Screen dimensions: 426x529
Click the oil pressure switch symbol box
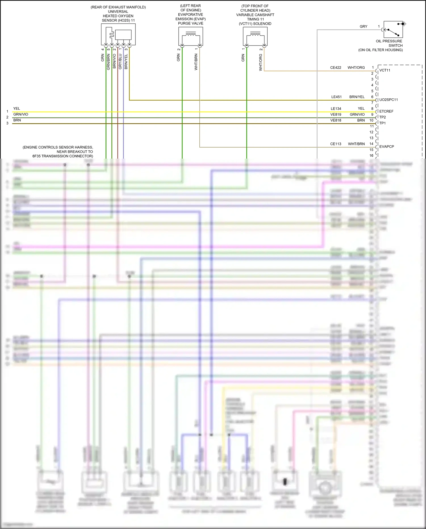(x=393, y=29)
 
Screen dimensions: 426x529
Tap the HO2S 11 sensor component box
(x=118, y=34)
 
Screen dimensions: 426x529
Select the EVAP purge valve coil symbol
(x=191, y=36)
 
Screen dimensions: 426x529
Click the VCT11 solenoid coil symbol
(x=255, y=36)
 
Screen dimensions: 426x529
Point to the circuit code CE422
(x=336, y=68)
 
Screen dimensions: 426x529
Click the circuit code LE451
(x=337, y=97)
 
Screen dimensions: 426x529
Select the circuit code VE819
(x=336, y=115)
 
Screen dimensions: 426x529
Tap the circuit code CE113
(x=336, y=144)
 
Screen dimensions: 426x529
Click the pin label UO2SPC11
(x=389, y=100)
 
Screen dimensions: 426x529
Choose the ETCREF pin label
(x=386, y=111)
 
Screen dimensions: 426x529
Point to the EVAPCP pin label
(x=387, y=147)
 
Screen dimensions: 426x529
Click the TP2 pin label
(x=383, y=117)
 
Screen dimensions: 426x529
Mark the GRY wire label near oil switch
(x=364, y=26)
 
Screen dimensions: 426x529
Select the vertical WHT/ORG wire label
(x=261, y=63)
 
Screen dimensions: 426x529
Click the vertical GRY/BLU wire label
(x=120, y=61)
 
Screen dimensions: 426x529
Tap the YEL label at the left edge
(x=17, y=109)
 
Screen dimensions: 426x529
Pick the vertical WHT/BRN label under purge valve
(x=196, y=62)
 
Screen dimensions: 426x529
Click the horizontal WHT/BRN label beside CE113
(x=356, y=144)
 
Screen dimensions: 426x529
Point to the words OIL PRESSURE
(x=389, y=41)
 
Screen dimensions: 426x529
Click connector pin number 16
(x=371, y=155)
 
